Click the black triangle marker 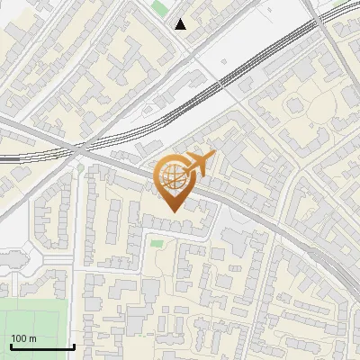[x=181, y=24]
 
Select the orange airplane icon [x=199, y=164]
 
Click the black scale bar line [x=42, y=346]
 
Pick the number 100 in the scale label [x=20, y=338]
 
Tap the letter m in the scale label [x=33, y=338]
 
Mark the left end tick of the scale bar [x=11, y=346]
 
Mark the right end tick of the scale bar [x=74, y=346]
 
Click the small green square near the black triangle [x=160, y=8]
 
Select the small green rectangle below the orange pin [x=157, y=243]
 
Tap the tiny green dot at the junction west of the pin [x=78, y=166]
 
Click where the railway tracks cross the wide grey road [x=72, y=148]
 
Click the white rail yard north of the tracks [x=243, y=45]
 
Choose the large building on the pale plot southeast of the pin [x=235, y=238]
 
